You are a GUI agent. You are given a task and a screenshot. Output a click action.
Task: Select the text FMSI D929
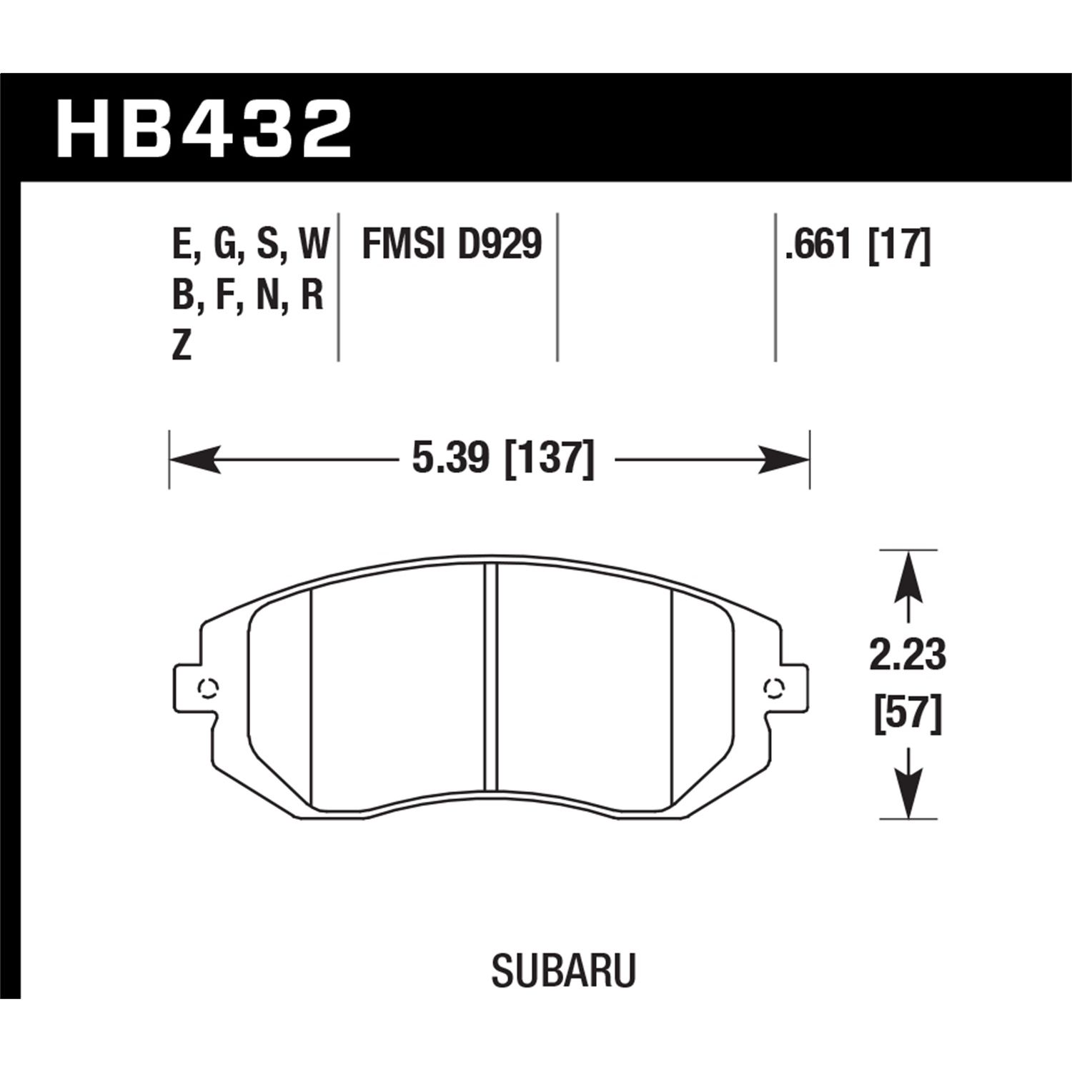[x=452, y=245]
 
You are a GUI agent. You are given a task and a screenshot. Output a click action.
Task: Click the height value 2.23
[x=907, y=655]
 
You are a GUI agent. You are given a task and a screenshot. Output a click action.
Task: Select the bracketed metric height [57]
[x=907, y=714]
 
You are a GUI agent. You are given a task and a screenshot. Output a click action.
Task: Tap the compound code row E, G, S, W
[x=250, y=245]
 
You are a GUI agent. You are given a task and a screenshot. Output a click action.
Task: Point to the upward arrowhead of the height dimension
[x=907, y=575]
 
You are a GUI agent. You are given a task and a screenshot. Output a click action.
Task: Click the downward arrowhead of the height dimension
[x=907, y=793]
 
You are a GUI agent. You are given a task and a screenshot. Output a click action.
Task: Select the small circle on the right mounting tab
[x=772, y=688]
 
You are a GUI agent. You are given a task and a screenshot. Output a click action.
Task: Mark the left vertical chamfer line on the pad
[x=313, y=697]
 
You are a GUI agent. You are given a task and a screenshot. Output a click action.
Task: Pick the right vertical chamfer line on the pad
[x=673, y=697]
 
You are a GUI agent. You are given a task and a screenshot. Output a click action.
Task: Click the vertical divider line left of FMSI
[x=337, y=286]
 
